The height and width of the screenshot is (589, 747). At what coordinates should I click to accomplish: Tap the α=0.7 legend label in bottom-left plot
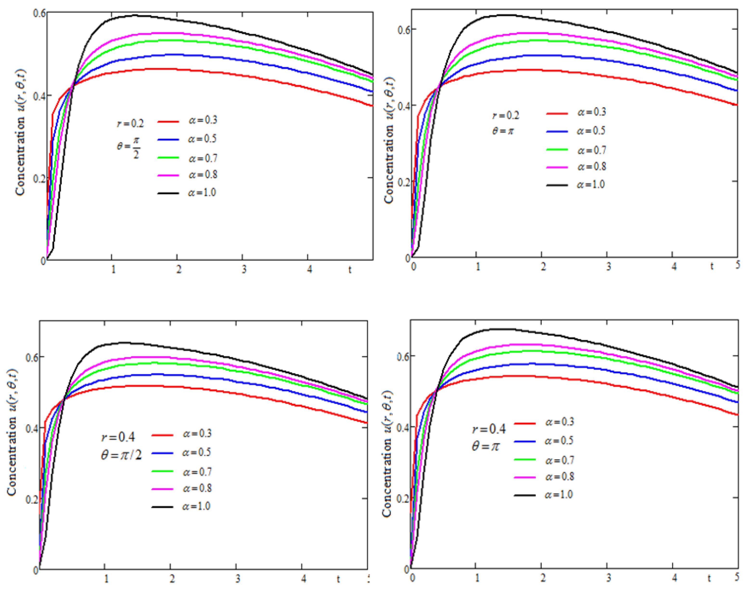(197, 472)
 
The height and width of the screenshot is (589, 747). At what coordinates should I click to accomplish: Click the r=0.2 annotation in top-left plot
(130, 123)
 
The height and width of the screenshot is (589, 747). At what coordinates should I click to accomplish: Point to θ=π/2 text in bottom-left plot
(121, 456)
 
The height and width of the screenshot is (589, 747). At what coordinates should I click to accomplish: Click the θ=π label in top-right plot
(503, 131)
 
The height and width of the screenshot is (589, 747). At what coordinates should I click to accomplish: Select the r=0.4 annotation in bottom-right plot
(489, 429)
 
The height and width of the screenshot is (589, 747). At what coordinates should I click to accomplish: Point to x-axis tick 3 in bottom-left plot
(238, 579)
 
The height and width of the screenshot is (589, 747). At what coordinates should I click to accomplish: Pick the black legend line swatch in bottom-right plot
(525, 495)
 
